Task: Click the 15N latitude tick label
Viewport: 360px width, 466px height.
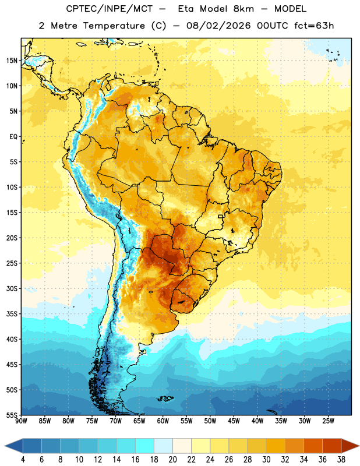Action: click(12, 61)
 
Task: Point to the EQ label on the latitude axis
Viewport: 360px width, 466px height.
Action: click(13, 137)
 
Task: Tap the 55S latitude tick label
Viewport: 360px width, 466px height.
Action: click(12, 415)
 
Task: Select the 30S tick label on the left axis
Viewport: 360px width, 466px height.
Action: click(12, 288)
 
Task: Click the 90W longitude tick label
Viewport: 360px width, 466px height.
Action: click(21, 421)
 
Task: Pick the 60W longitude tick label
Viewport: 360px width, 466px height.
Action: click(163, 421)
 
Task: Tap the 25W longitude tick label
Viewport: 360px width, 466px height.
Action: click(328, 421)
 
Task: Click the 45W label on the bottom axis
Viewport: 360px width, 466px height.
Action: click(234, 421)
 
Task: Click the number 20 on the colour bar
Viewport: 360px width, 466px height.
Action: click(172, 460)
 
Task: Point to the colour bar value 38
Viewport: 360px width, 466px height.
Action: click(341, 460)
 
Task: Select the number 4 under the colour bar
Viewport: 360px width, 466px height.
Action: click(23, 460)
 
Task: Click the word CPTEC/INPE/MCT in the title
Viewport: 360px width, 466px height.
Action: click(110, 9)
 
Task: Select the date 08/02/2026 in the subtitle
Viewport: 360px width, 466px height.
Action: click(218, 26)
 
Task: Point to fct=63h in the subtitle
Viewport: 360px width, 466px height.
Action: click(314, 26)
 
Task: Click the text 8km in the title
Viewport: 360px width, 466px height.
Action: click(243, 9)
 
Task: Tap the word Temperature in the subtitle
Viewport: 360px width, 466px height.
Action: click(114, 26)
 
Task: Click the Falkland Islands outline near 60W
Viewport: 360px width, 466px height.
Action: click(165, 398)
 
